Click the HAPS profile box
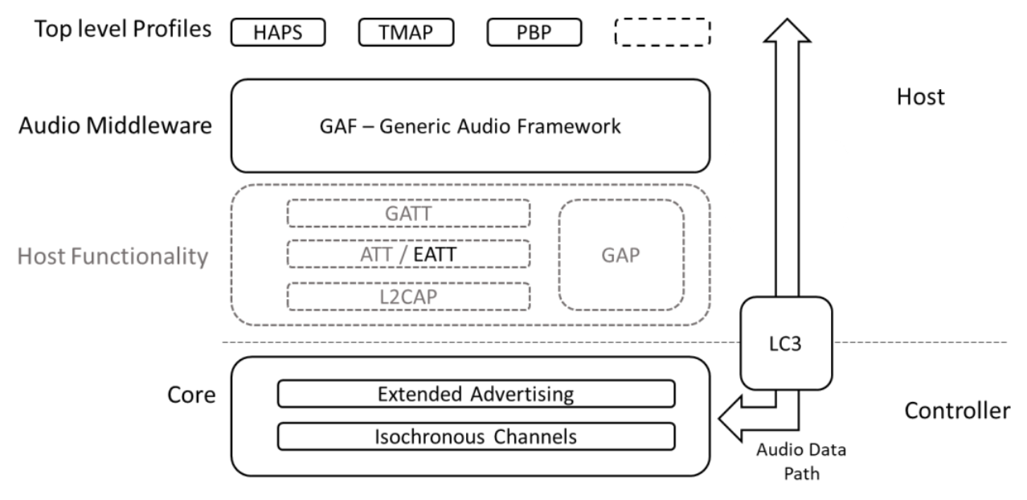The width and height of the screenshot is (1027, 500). [278, 32]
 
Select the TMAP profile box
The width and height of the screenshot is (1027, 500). [406, 32]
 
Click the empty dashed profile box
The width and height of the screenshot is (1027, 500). [662, 32]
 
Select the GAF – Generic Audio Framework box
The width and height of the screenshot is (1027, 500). [470, 127]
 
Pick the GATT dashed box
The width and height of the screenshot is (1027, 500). [409, 213]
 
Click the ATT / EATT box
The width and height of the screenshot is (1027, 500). [409, 254]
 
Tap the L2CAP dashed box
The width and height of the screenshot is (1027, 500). [409, 296]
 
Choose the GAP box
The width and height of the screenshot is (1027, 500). [621, 254]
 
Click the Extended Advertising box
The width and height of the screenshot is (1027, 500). [476, 395]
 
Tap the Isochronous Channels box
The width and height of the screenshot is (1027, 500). [476, 436]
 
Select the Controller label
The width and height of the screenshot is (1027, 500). [956, 411]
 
